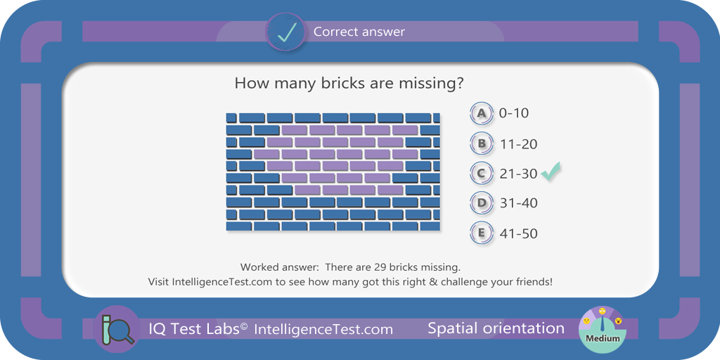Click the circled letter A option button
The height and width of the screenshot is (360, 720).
pyautogui.click(x=481, y=113)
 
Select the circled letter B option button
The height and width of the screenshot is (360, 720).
pyautogui.click(x=481, y=143)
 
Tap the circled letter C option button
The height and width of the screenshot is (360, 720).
pyautogui.click(x=481, y=174)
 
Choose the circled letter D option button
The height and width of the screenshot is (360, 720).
pyautogui.click(x=481, y=203)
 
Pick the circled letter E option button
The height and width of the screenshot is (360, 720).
pyautogui.click(x=481, y=233)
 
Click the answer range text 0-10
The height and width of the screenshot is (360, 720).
pyautogui.click(x=514, y=113)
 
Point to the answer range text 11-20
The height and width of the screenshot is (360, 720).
pyautogui.click(x=519, y=144)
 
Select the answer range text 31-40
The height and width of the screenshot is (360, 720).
pyautogui.click(x=518, y=203)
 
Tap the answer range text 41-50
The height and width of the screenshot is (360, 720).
pyautogui.click(x=518, y=233)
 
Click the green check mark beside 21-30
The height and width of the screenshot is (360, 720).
pyautogui.click(x=550, y=172)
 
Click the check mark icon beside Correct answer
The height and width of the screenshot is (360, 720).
pyautogui.click(x=285, y=32)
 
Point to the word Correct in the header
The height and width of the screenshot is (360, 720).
pyautogui.click(x=333, y=32)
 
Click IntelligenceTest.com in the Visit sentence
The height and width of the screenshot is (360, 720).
pyautogui.click(x=222, y=282)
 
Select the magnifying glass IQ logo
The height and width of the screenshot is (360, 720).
pyautogui.click(x=117, y=329)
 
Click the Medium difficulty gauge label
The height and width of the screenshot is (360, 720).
pyautogui.click(x=603, y=339)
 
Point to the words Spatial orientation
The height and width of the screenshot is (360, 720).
pyautogui.click(x=496, y=328)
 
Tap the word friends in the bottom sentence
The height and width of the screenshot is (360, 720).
pyautogui.click(x=533, y=282)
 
